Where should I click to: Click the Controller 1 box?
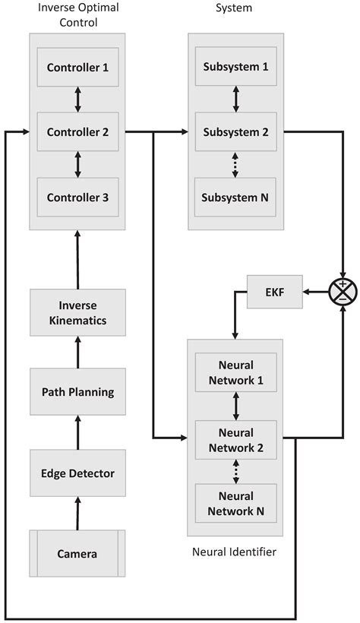[x=78, y=67]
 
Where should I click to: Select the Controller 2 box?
[x=78, y=132]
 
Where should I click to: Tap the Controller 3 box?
[x=78, y=198]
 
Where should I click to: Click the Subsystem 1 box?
[x=235, y=67]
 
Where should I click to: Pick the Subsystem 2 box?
[x=235, y=132]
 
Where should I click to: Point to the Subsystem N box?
[x=235, y=198]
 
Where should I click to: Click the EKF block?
[x=274, y=292]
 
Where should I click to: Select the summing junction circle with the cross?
[x=344, y=292]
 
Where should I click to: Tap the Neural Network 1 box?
[x=235, y=373]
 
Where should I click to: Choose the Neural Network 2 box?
[x=235, y=438]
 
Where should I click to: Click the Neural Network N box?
[x=235, y=502]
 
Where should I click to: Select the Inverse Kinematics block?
[x=78, y=312]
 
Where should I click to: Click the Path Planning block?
[x=78, y=392]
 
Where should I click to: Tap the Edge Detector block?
[x=78, y=473]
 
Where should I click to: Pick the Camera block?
[x=78, y=553]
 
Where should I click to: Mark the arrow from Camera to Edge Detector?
[x=77, y=513]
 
